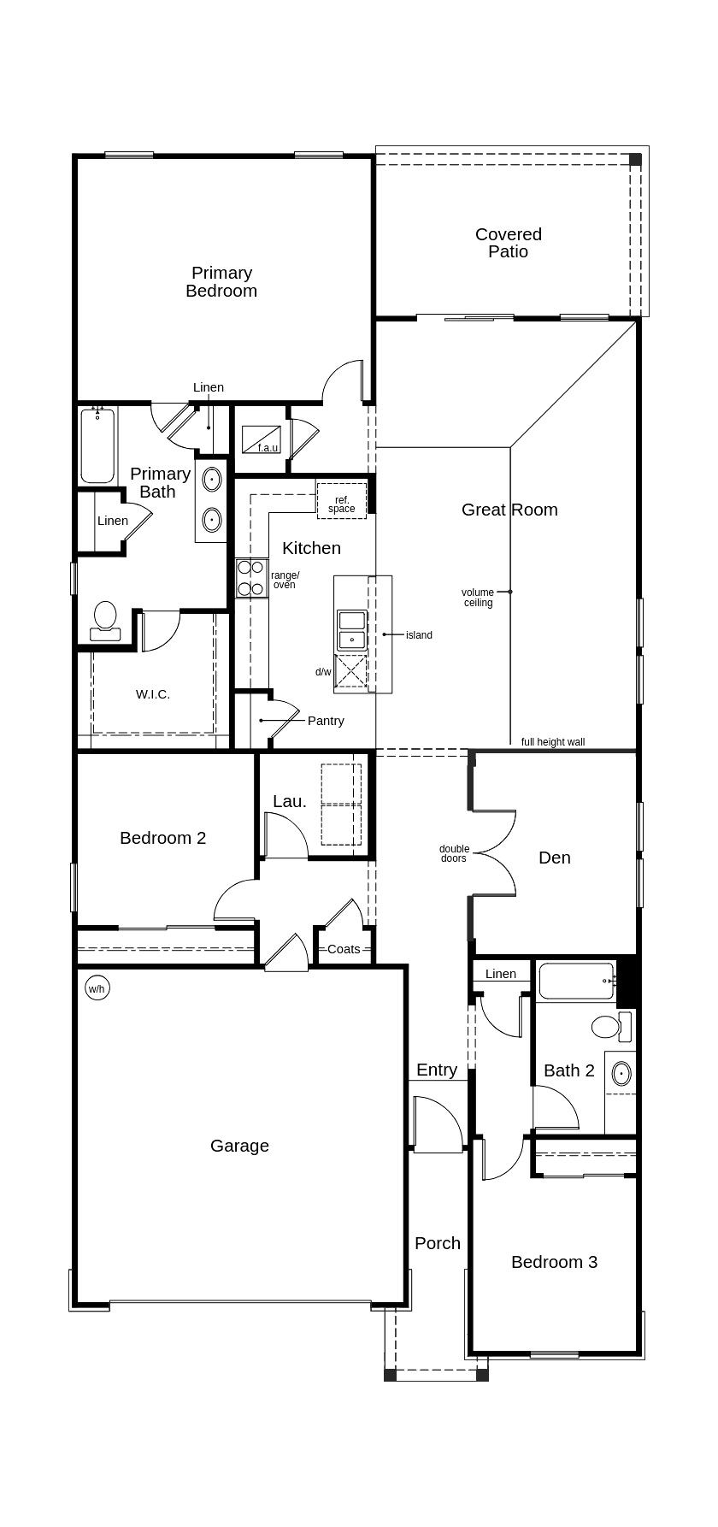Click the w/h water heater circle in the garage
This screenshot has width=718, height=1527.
tap(97, 989)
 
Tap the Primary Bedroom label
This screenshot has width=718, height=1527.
tap(221, 281)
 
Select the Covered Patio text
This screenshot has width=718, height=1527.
tap(508, 243)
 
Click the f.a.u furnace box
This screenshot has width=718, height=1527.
tap(262, 439)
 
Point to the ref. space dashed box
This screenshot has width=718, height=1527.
tap(342, 501)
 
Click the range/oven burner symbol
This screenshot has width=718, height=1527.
tap(251, 578)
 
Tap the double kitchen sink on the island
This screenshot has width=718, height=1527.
tap(351, 630)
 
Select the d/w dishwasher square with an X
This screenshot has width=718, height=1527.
tap(350, 671)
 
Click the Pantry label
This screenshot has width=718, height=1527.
tap(326, 721)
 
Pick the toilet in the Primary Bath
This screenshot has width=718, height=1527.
tap(105, 620)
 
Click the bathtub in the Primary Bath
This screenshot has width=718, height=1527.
tap(97, 446)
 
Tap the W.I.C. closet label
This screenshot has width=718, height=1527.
tap(153, 694)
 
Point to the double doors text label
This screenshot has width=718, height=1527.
tap(454, 853)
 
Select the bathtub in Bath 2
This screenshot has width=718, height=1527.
tap(576, 981)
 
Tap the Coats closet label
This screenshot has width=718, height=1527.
tap(344, 949)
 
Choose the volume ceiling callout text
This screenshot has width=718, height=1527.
tap(478, 598)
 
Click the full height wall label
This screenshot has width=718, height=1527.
tap(553, 742)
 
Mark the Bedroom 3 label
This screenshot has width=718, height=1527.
tap(554, 1262)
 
